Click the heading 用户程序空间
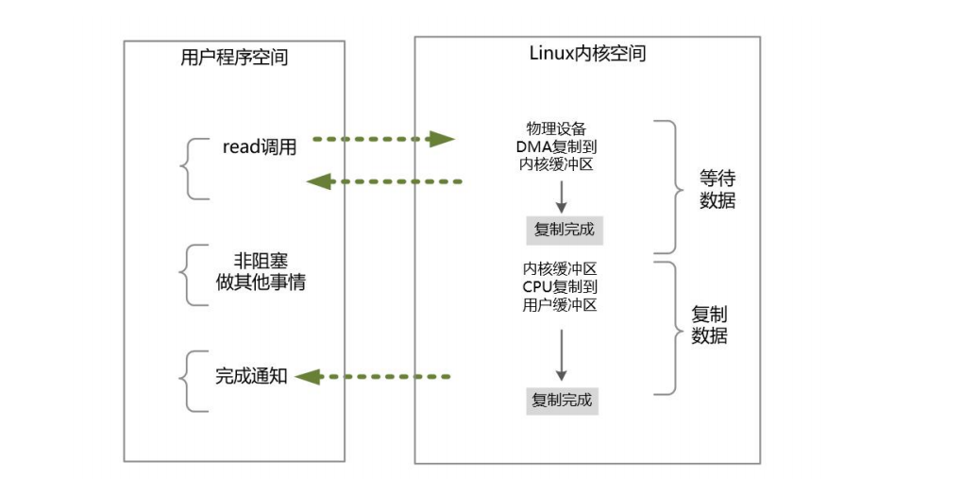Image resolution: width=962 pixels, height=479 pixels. pyautogui.click(x=234, y=58)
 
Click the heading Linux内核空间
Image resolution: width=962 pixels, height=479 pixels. pyautogui.click(x=587, y=54)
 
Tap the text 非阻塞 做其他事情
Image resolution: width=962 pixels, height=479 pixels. pyautogui.click(x=261, y=272)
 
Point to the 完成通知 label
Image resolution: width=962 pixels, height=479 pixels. pyautogui.click(x=251, y=376)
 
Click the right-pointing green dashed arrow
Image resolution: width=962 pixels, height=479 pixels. pyautogui.click(x=383, y=140)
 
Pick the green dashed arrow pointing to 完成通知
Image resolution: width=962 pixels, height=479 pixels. pyautogui.click(x=373, y=377)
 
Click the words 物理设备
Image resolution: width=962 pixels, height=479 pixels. pyautogui.click(x=561, y=128)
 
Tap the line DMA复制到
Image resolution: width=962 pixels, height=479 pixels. pyautogui.click(x=561, y=146)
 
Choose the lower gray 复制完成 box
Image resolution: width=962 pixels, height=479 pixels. pyautogui.click(x=562, y=400)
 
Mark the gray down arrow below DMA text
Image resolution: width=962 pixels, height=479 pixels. pyautogui.click(x=561, y=196)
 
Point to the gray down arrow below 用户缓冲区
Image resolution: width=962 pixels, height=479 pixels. pyautogui.click(x=561, y=354)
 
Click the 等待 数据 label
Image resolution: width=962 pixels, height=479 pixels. pyautogui.click(x=717, y=189)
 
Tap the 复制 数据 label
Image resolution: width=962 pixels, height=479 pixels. pyautogui.click(x=709, y=325)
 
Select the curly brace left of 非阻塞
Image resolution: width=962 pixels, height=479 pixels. pyautogui.click(x=193, y=275)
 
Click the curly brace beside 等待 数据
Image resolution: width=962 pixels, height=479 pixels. pyautogui.click(x=673, y=187)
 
